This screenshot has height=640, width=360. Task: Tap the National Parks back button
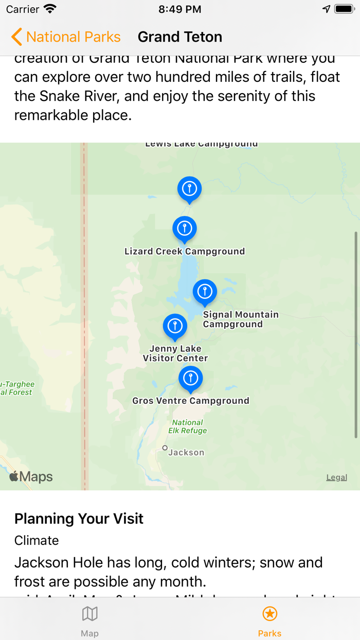[66, 37]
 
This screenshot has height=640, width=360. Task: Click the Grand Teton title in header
[180, 37]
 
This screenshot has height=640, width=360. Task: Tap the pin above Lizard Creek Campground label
[185, 228]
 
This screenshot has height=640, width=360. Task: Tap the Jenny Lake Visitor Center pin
[175, 326]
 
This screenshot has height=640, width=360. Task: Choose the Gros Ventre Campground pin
[191, 379]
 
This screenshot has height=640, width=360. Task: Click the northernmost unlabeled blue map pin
[189, 189]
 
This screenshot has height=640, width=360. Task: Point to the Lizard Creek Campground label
[185, 252]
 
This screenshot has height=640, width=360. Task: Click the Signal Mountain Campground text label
[240, 319]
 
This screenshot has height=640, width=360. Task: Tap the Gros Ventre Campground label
[191, 401]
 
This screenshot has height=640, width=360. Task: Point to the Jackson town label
[186, 453]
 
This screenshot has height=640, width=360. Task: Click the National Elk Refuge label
[188, 426]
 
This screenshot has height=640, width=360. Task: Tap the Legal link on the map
[336, 477]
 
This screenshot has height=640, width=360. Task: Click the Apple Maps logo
[31, 477]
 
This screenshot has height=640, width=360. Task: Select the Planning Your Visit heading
[79, 519]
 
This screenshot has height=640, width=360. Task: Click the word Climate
[37, 540]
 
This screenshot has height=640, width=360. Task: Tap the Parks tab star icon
[269, 614]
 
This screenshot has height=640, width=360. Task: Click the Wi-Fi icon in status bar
[50, 9]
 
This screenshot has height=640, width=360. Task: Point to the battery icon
[344, 9]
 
